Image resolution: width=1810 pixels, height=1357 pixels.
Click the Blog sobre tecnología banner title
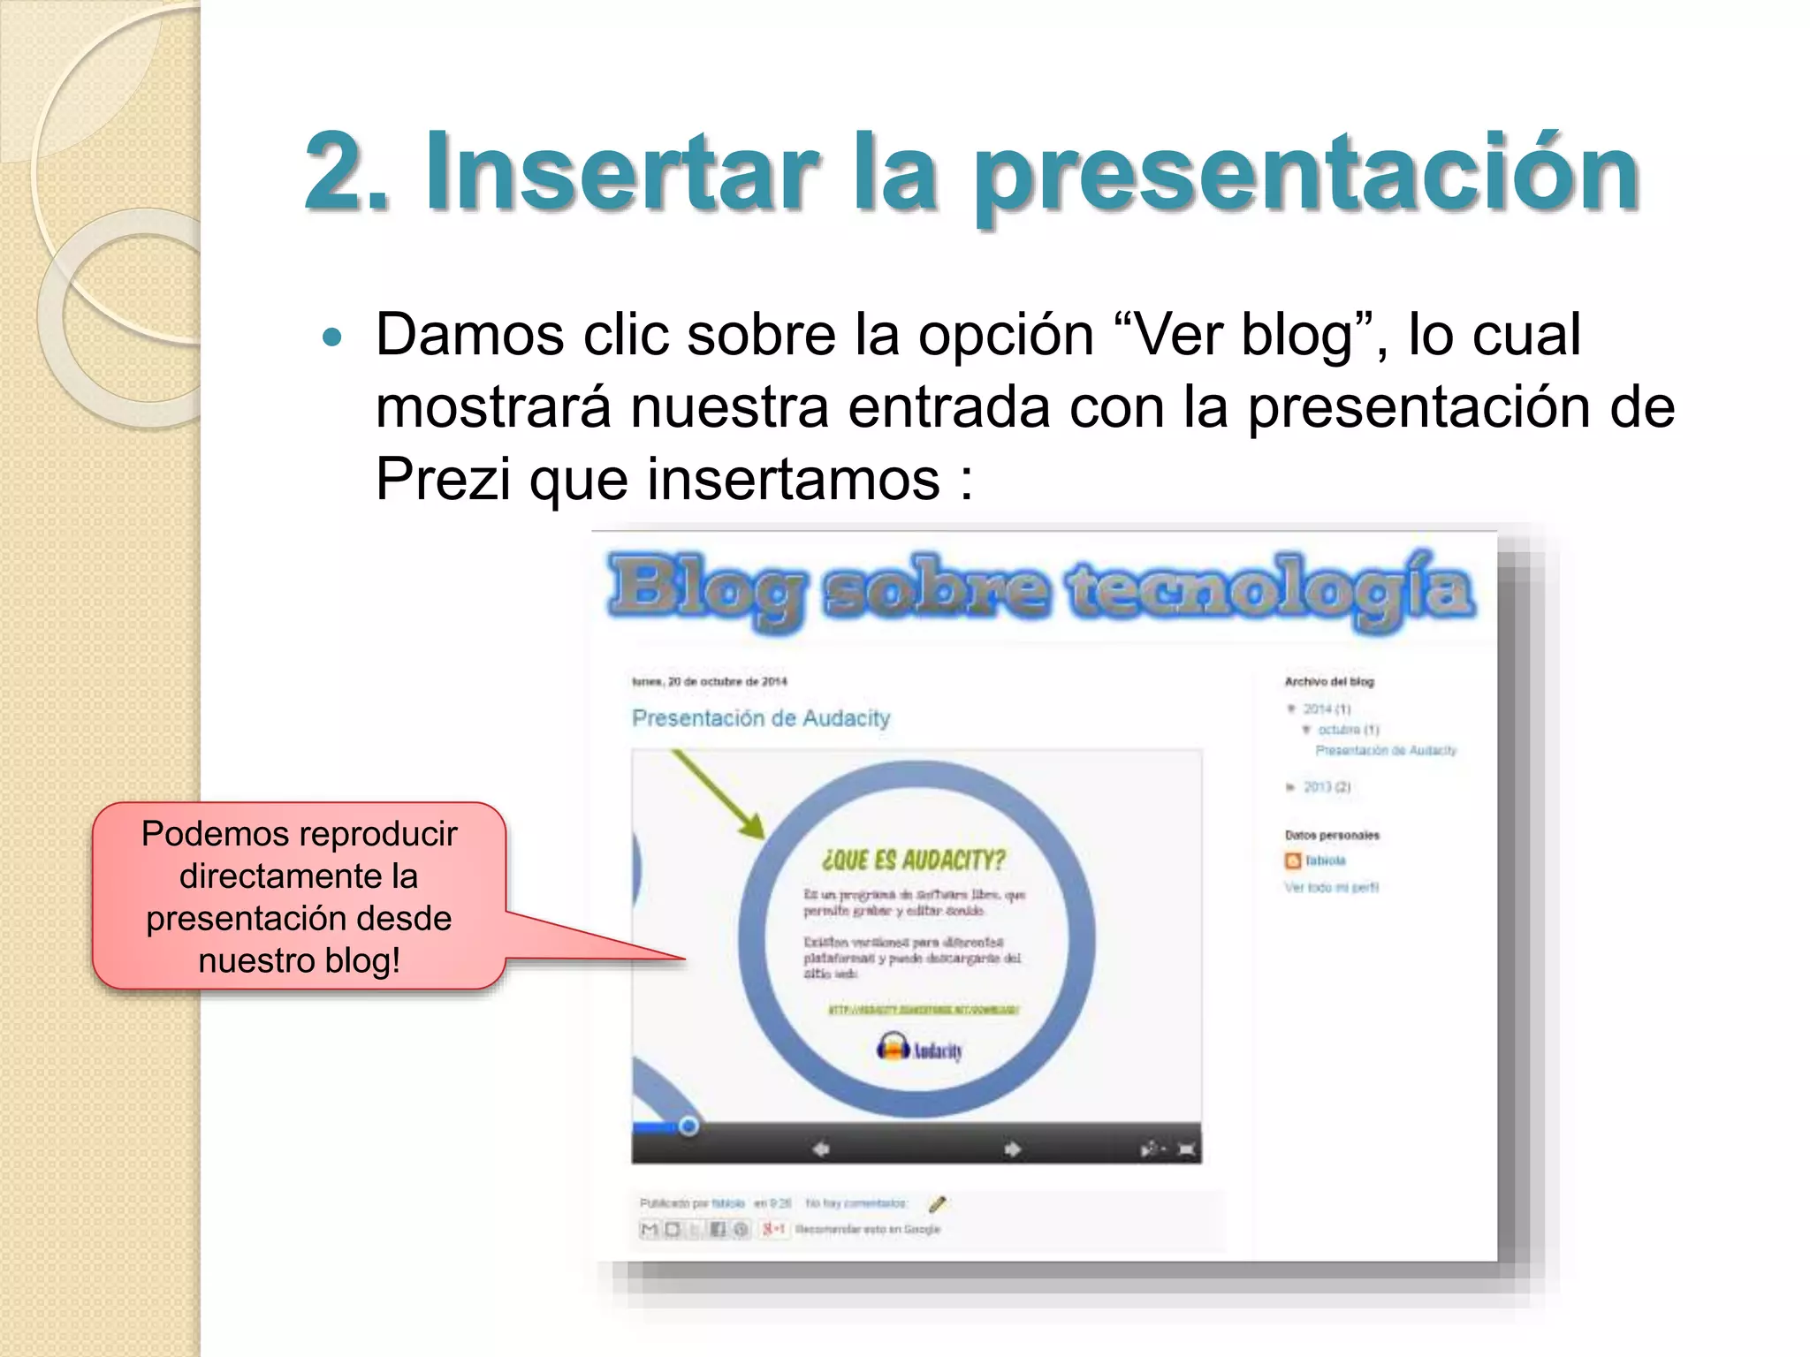tap(1041, 588)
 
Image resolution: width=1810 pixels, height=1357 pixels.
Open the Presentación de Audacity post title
tap(761, 718)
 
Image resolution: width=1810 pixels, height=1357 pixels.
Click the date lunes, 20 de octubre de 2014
tap(710, 681)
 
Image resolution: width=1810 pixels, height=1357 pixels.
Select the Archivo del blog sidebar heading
tap(1329, 681)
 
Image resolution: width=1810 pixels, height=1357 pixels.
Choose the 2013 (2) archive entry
tap(1327, 786)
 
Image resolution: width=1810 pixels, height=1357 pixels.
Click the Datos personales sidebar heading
tap(1332, 835)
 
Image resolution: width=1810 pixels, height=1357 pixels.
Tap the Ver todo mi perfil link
tap(1331, 887)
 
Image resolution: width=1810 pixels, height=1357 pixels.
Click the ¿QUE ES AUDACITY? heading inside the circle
tap(914, 860)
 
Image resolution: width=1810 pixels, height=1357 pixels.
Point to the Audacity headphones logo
tap(893, 1049)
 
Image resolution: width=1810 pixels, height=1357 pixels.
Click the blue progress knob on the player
tap(688, 1126)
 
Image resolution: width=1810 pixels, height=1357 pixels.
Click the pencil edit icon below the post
tap(938, 1203)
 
